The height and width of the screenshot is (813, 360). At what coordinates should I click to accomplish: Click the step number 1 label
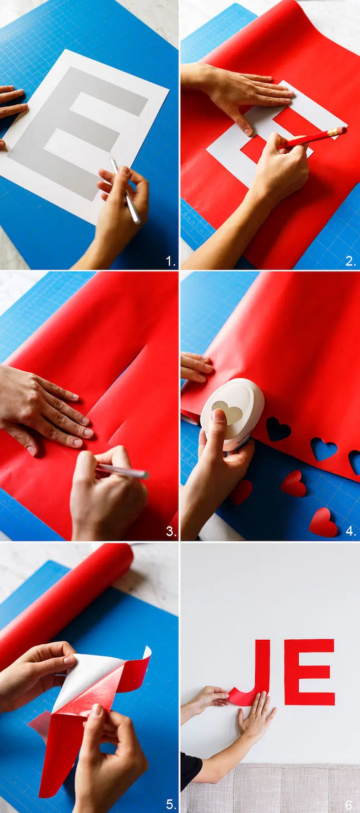(170, 261)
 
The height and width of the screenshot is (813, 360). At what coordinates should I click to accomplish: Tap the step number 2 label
(350, 261)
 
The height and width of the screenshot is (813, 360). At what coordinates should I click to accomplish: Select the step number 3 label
(171, 531)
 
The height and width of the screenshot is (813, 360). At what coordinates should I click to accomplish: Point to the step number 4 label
(351, 531)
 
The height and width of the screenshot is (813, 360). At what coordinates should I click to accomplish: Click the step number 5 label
(171, 804)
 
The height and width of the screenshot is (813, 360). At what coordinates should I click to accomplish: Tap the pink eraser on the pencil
(341, 130)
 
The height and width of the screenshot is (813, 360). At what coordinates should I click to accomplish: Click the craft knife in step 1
(125, 188)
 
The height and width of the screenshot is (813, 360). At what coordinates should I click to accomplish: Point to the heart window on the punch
(227, 412)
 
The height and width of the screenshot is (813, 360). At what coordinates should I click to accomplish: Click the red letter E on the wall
(309, 672)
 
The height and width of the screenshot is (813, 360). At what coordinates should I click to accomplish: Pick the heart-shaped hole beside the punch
(278, 429)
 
